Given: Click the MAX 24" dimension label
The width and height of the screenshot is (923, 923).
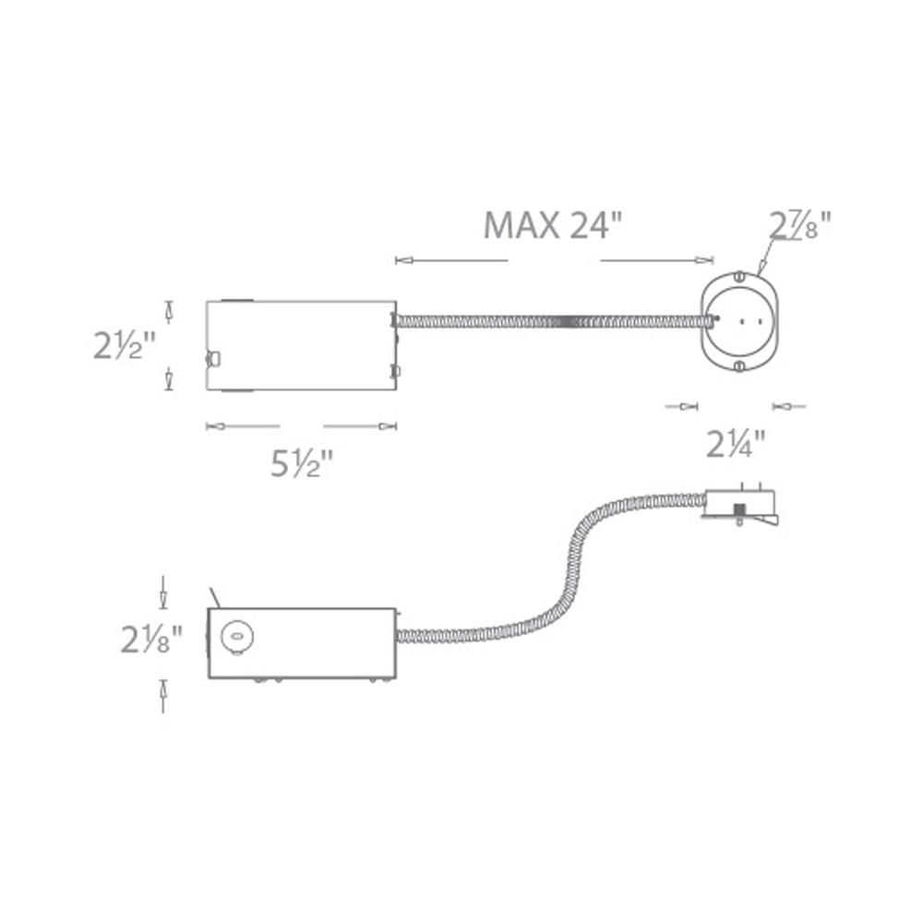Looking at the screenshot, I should coord(553,224).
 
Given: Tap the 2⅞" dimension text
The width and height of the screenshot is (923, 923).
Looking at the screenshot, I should coord(800,224).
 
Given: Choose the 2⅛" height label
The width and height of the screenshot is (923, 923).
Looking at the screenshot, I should coord(150,639).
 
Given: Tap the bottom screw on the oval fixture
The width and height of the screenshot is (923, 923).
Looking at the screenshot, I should coord(738,366).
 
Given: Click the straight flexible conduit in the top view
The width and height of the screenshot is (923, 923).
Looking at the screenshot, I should coord(554,321).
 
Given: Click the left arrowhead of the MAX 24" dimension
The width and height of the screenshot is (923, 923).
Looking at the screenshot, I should coord(401,261).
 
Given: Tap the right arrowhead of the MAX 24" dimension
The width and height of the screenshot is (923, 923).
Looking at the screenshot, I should coord(708,260).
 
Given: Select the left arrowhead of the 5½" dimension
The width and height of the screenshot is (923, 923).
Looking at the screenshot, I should coord(212,426).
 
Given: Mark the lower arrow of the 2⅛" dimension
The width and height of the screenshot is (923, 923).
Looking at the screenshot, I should coord(163,688).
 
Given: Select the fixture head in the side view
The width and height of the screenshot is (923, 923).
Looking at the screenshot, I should coord(740,507).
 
